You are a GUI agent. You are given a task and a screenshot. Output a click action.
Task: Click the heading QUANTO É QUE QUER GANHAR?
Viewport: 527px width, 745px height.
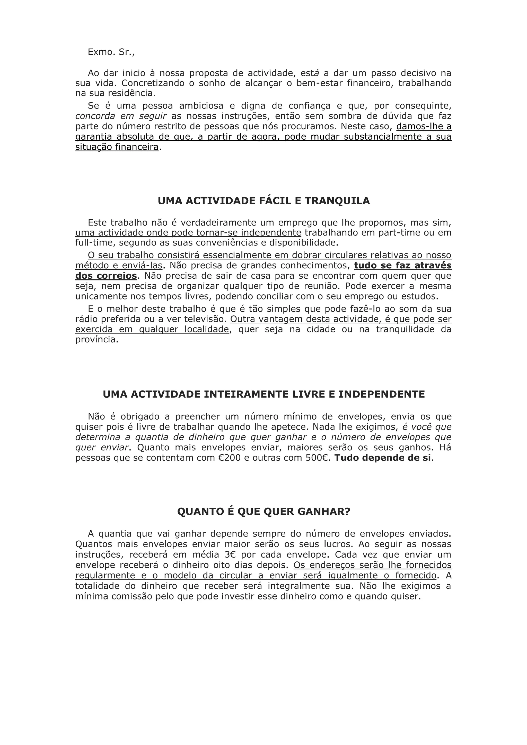coord(264,512)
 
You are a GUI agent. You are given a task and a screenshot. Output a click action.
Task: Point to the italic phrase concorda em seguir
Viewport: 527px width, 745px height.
coord(121,116)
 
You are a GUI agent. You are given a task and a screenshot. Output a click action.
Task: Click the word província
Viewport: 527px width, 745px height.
coord(97,340)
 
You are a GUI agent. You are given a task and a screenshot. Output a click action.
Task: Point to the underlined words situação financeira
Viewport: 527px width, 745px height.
coord(117,147)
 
